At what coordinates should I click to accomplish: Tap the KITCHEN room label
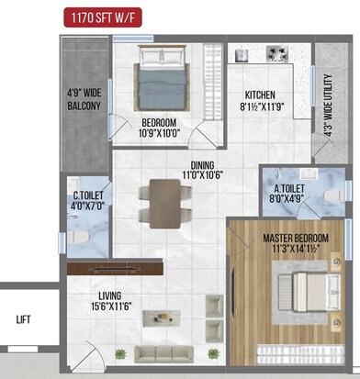coord(260,95)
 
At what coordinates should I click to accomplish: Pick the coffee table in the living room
coord(165,318)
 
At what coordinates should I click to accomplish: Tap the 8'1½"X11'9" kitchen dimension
coord(260,106)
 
